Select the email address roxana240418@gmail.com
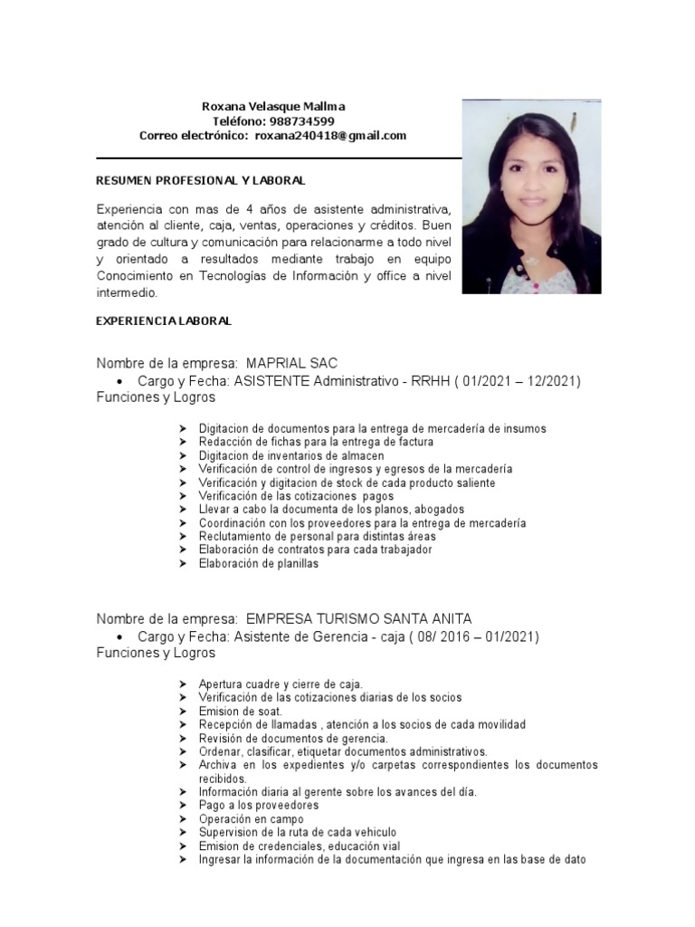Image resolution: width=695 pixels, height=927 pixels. pos(330,136)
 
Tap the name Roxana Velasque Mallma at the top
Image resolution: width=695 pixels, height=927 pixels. pos(272,107)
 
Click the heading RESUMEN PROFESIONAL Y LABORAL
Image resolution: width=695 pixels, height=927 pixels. pos(200,181)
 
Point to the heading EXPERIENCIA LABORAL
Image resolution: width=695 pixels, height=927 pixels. pos(164,321)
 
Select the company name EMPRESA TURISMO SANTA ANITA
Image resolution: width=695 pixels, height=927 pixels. pos(358,619)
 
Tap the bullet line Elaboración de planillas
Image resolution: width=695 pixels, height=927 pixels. pos(259,563)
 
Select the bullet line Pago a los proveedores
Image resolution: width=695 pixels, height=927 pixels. pos(259,805)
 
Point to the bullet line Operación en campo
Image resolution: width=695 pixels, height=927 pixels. pos(252,818)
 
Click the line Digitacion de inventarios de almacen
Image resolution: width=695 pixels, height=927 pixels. pos(291,455)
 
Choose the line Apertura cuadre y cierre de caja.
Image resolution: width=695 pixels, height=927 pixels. pos(281,684)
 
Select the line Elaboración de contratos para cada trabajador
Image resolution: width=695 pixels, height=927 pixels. pos(316,550)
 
